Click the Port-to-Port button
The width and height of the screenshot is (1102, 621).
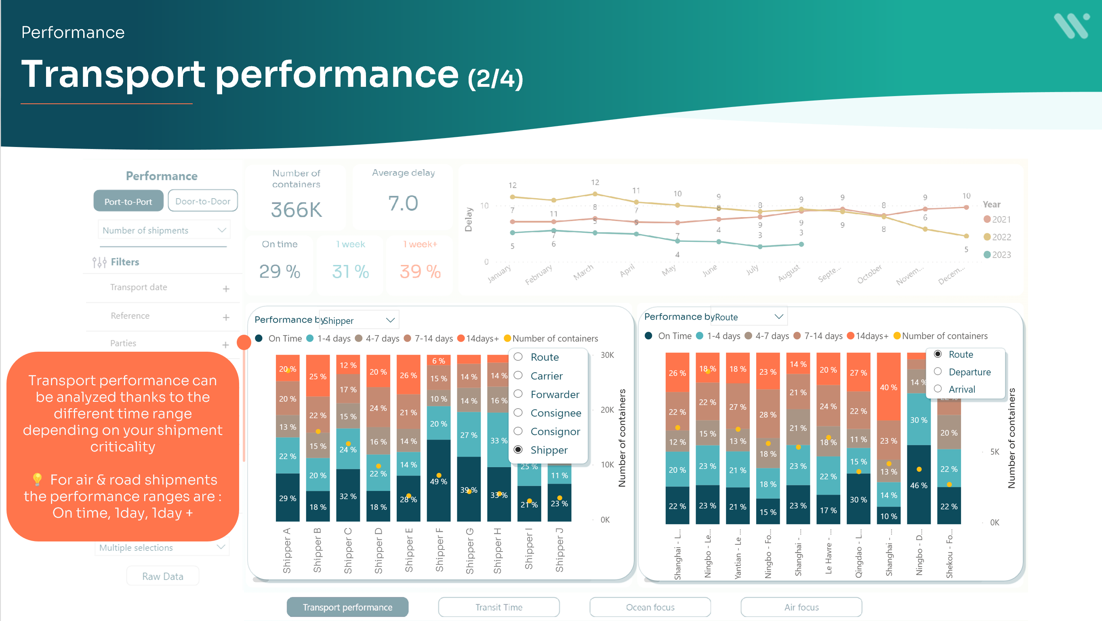pyautogui.click(x=128, y=201)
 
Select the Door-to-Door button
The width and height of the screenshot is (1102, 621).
pyautogui.click(x=203, y=201)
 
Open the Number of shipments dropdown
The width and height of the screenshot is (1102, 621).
pyautogui.click(x=164, y=230)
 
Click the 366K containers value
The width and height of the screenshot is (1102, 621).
pyautogui.click(x=296, y=210)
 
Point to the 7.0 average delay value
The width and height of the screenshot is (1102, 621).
pyautogui.click(x=403, y=203)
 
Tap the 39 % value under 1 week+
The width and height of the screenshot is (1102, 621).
pyautogui.click(x=420, y=272)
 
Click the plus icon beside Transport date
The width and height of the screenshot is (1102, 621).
pyautogui.click(x=226, y=289)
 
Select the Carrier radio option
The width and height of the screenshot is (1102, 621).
pyautogui.click(x=518, y=376)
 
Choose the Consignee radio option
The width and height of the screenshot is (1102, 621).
pyautogui.click(x=518, y=413)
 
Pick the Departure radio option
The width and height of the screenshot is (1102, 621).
pyautogui.click(x=938, y=371)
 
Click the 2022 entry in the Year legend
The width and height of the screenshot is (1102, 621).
pyautogui.click(x=997, y=237)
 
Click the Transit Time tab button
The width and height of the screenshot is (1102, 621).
pyautogui.click(x=499, y=607)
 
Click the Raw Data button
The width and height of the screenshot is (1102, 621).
pyautogui.click(x=162, y=576)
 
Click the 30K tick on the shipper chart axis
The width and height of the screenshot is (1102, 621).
pyautogui.click(x=607, y=355)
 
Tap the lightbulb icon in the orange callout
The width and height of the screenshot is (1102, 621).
pyautogui.click(x=37, y=479)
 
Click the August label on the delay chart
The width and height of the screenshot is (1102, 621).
pyautogui.click(x=789, y=273)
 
